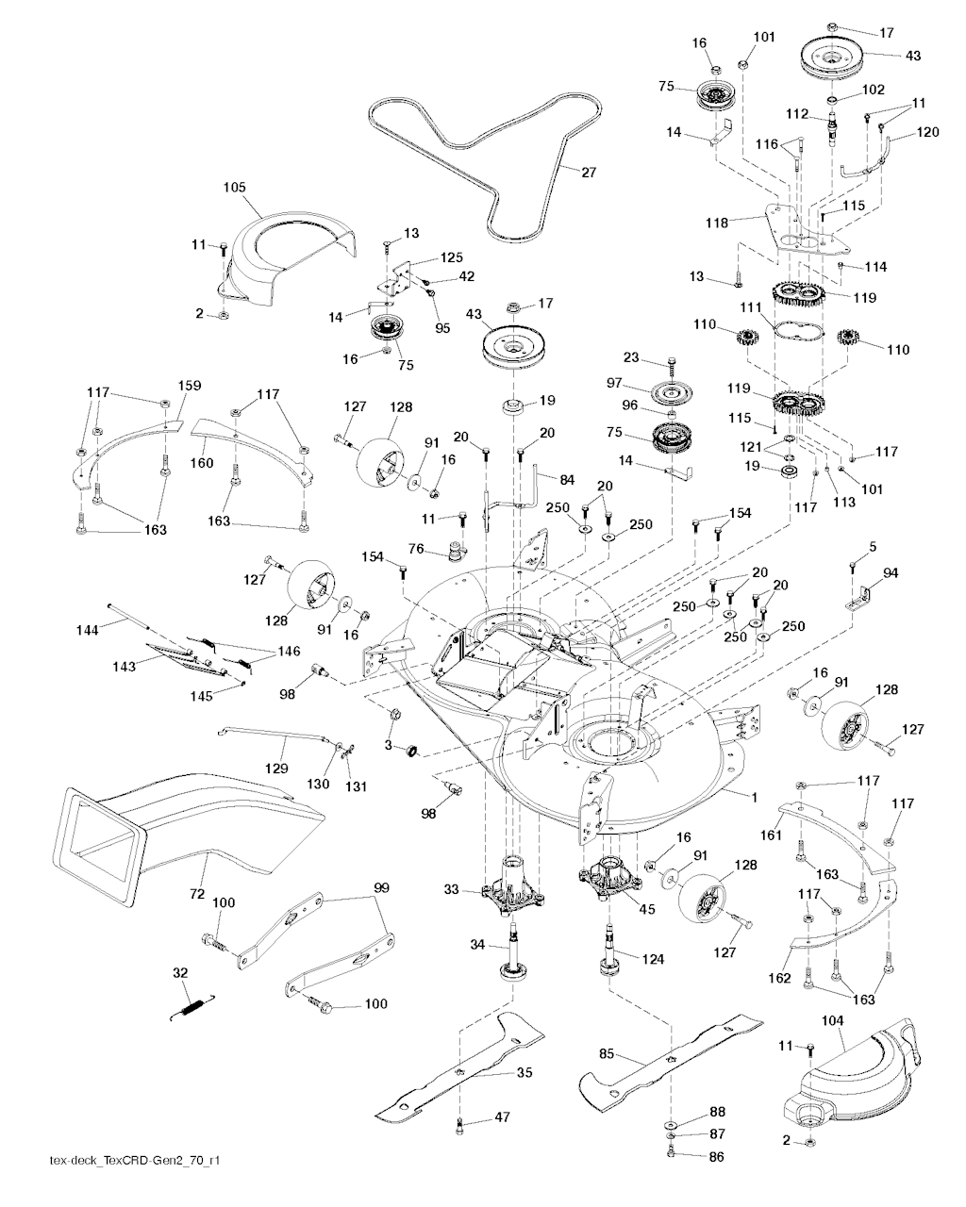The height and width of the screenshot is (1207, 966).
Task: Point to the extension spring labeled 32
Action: tap(195, 1006)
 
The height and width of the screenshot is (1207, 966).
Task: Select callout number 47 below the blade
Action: tap(502, 1118)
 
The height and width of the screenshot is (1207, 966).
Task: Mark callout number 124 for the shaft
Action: tap(654, 959)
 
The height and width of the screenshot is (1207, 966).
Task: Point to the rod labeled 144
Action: tap(151, 617)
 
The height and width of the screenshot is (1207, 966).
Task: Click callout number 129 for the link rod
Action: tap(275, 768)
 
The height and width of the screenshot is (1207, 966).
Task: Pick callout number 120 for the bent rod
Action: tap(928, 133)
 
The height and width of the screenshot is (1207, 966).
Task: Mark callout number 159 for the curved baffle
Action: tap(190, 386)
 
